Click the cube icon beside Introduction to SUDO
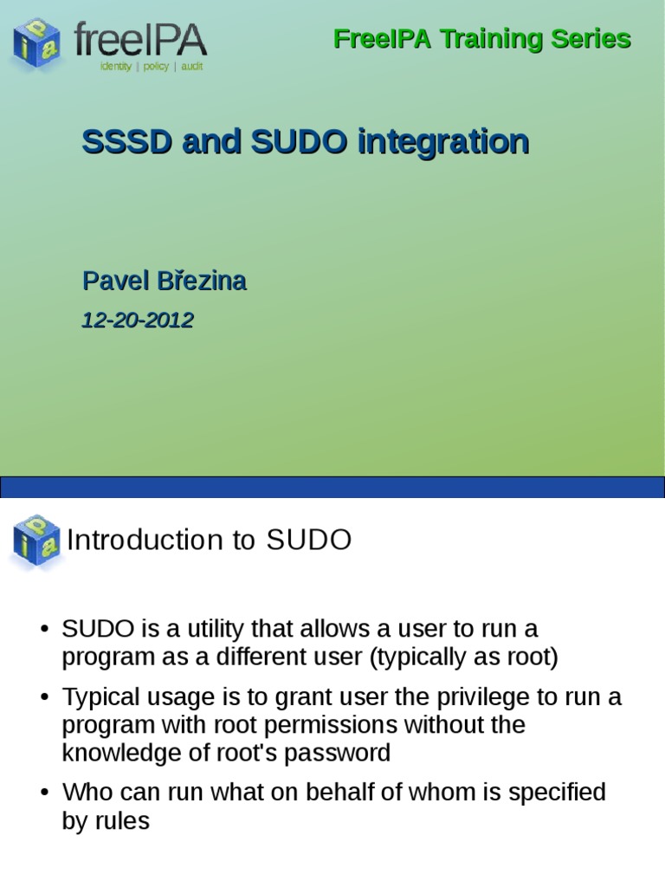coord(36,540)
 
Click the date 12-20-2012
coord(137,320)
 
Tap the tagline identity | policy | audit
coord(152,67)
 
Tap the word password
coord(345,753)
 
